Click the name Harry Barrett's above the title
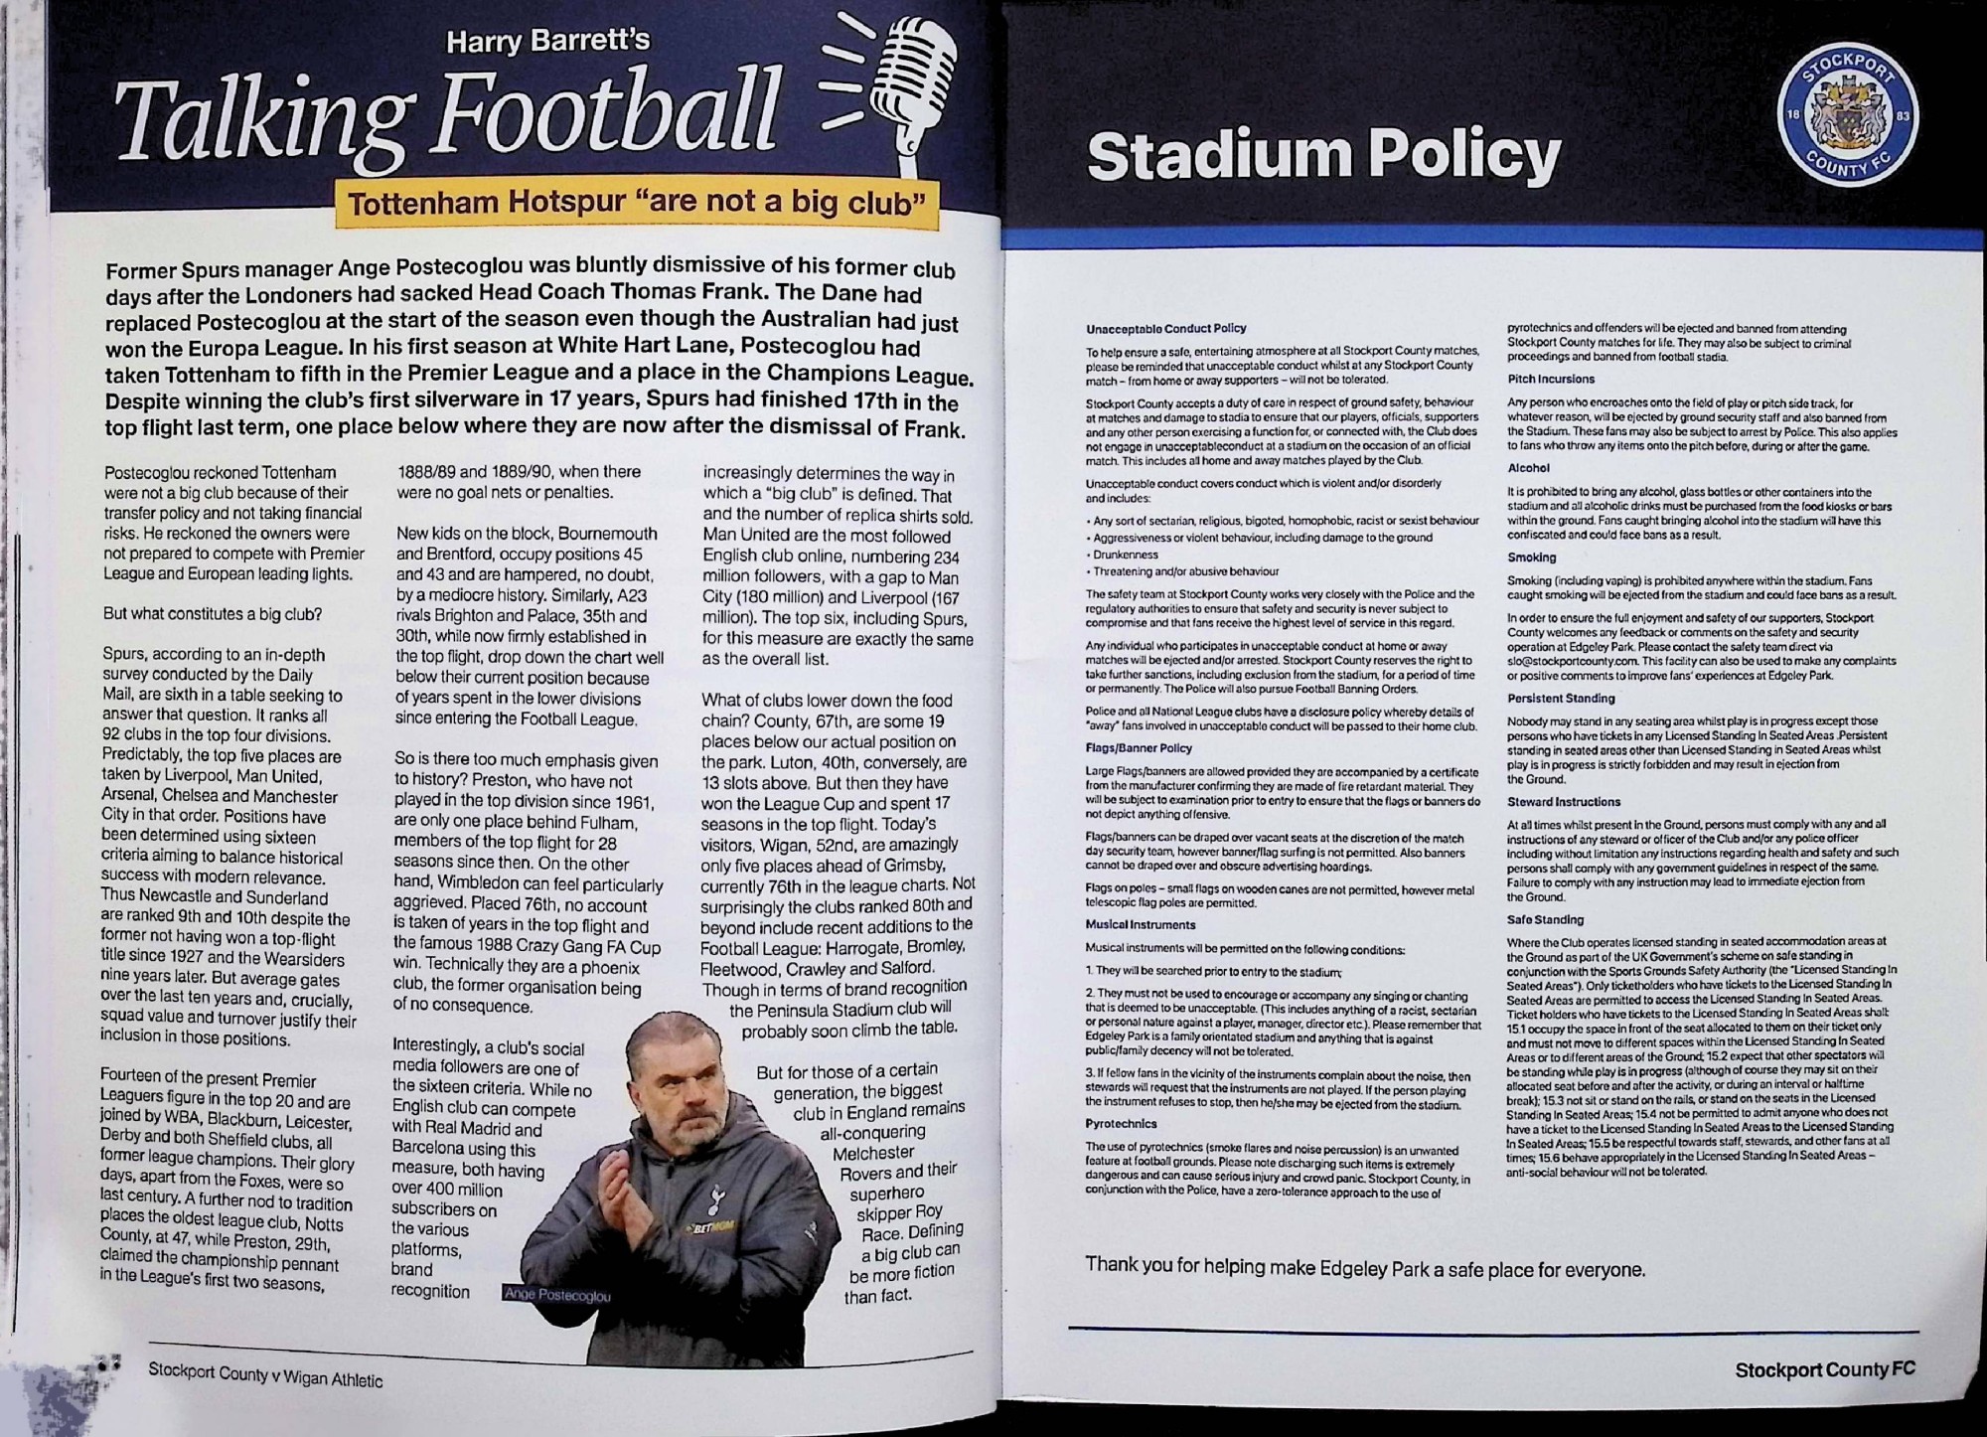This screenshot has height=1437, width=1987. click(547, 41)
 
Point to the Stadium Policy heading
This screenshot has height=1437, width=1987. click(1323, 155)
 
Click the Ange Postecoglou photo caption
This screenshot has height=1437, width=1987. click(557, 1295)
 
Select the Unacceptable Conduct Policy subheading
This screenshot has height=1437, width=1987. click(1165, 328)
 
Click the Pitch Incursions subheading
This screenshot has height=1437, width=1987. click(1551, 379)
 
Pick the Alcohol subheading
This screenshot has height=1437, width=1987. click(1528, 468)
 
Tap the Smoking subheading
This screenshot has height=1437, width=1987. click(1531, 558)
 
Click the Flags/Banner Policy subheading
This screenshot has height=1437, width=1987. click(1139, 748)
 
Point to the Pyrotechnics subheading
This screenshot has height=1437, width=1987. click(1121, 1124)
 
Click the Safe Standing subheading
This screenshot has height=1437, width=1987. click(1545, 919)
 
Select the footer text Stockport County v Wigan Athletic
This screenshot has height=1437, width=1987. click(265, 1375)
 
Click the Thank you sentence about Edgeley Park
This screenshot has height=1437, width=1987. click(1364, 1268)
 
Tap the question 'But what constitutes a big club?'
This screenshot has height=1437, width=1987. click(213, 614)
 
